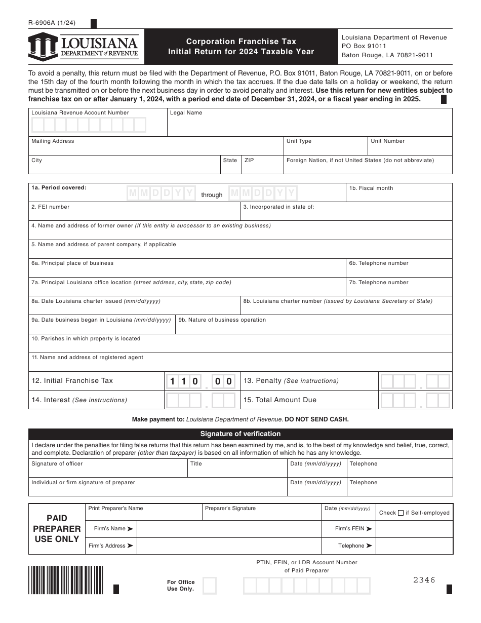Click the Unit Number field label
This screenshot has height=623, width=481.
point(387,141)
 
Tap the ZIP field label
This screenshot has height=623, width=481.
point(249,160)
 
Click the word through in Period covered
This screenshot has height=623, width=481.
point(212,195)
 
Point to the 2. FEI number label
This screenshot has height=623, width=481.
point(51,207)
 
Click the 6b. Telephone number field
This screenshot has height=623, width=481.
point(398,268)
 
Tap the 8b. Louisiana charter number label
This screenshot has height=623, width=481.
point(338,301)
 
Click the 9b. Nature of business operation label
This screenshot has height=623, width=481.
point(222,320)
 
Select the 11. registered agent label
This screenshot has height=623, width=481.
point(87,357)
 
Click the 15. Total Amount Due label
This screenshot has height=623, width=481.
point(279,400)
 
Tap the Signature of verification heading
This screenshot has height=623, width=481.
point(240,434)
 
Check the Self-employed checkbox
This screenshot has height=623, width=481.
point(400,513)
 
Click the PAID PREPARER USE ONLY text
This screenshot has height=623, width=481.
point(57,529)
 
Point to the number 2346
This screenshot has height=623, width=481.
point(424,580)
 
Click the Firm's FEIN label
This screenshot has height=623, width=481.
point(353,529)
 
